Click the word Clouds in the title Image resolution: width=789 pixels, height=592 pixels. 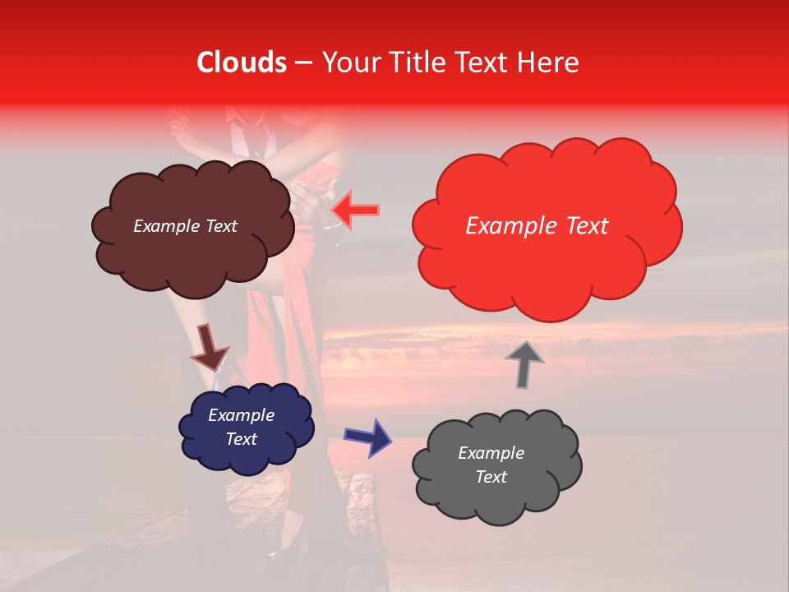(x=242, y=62)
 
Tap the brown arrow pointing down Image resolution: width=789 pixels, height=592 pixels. (x=209, y=347)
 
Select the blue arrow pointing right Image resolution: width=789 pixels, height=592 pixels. (x=367, y=436)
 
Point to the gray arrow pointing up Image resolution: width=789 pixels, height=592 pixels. (x=524, y=363)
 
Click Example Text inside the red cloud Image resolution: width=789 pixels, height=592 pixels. (x=537, y=226)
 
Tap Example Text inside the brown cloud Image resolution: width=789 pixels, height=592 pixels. (x=185, y=226)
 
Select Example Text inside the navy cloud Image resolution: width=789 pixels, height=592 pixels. (x=241, y=427)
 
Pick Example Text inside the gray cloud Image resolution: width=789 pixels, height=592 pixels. (x=491, y=465)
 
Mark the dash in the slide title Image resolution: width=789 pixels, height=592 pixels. (x=304, y=62)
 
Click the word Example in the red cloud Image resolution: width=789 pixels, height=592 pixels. (x=505, y=226)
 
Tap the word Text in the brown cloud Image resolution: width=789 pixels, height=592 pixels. (x=219, y=226)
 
